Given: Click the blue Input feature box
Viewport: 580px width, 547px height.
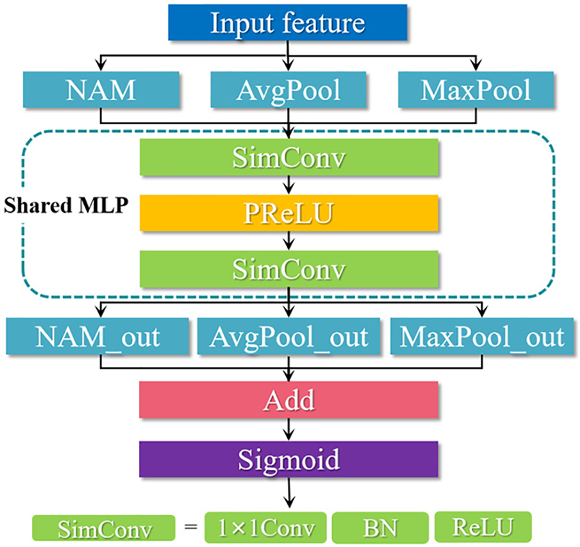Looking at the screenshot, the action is pos(287,23).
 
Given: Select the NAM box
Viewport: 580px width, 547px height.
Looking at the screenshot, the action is pos(101,90).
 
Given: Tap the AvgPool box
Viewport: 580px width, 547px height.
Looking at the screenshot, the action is pos(288,90).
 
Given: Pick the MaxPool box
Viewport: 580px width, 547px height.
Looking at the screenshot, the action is pos(476,90).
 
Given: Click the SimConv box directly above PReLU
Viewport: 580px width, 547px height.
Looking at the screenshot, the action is pos(289,157).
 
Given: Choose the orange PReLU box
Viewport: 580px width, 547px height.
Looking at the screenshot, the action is pos(289,213).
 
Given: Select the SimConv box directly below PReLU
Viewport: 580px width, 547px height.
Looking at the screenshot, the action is pos(289,269).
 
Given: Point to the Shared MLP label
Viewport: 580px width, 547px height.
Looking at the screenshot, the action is pos(66,205).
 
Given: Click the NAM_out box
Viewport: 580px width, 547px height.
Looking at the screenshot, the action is pos(98,336).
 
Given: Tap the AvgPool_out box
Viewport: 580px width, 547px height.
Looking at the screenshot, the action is pos(289,336).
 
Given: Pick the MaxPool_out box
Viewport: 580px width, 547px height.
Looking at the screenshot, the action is pos(482,336).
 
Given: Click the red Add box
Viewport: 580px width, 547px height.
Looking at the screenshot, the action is pos(289,400).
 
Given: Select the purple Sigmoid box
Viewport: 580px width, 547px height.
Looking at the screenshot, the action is pos(289,459).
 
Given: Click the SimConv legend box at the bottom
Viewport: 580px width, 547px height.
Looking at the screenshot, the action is pos(104,528).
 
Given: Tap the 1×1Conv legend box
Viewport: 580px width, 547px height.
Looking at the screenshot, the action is pos(265,527).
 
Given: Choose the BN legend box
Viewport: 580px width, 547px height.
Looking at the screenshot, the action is pos(380,527).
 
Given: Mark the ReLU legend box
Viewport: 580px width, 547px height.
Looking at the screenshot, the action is pos(483,527).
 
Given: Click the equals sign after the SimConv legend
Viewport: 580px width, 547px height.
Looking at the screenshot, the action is pos(190,526).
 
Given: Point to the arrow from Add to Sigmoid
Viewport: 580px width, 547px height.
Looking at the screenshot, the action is pos(289,430).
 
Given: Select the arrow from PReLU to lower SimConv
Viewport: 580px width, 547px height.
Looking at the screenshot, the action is pos(289,241).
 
